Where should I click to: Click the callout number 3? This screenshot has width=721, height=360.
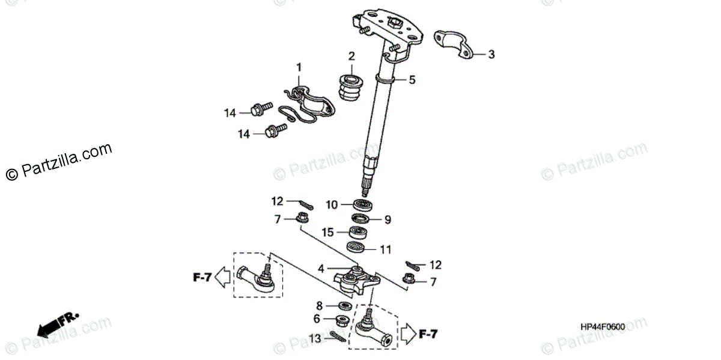(x=491, y=55)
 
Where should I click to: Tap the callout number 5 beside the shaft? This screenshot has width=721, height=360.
(x=412, y=80)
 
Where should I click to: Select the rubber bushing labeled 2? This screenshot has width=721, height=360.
(x=351, y=88)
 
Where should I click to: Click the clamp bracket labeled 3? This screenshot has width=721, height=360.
(x=454, y=45)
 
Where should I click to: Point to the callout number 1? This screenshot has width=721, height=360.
(x=299, y=68)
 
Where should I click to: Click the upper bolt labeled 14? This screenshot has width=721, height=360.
(x=261, y=109)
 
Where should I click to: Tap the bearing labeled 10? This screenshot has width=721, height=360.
(x=363, y=205)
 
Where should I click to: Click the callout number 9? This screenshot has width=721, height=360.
(x=388, y=220)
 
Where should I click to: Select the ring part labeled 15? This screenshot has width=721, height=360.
(x=358, y=233)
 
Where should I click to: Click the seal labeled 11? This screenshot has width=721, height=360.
(x=356, y=247)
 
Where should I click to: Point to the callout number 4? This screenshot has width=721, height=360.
(x=321, y=269)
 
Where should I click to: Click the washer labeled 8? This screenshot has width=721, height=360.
(x=345, y=305)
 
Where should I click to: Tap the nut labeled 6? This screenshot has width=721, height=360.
(x=343, y=320)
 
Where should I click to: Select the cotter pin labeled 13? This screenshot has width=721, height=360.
(x=338, y=337)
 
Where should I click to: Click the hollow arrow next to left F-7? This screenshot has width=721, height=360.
(x=222, y=277)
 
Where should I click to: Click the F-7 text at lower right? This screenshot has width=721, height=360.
(x=428, y=334)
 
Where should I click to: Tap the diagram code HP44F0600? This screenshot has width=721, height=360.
(x=603, y=327)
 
